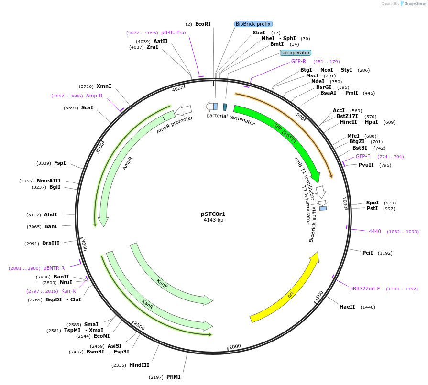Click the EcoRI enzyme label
click(203, 24)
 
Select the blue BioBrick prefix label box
click(253, 24)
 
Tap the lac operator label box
click(296, 53)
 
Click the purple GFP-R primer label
click(298, 61)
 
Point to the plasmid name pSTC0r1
click(213, 214)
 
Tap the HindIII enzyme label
click(139, 365)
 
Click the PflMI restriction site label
click(174, 377)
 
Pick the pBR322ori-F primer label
click(365, 289)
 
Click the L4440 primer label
click(373, 231)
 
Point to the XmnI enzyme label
click(104, 86)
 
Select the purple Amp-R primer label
click(94, 96)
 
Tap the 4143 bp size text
click(213, 220)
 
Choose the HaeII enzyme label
click(347, 307)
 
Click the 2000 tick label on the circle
click(235, 346)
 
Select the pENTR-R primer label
click(54, 268)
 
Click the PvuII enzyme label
click(366, 165)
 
